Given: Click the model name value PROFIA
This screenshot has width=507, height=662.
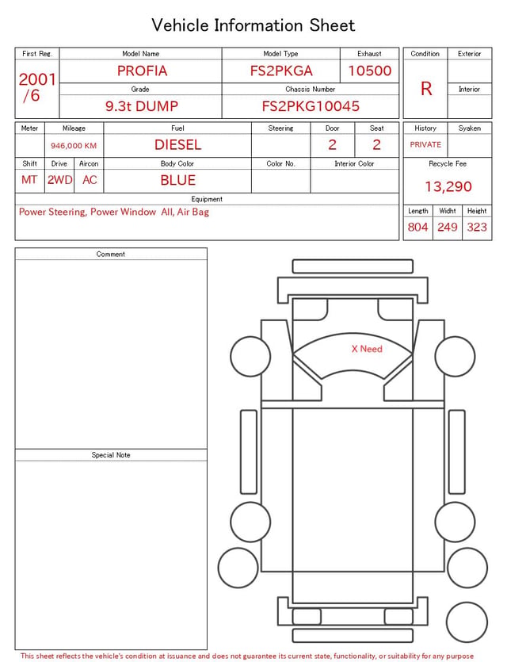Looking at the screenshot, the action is (142, 71).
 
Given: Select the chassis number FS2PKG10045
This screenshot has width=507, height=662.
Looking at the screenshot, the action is (311, 106).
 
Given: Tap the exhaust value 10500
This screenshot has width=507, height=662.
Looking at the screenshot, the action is (369, 71).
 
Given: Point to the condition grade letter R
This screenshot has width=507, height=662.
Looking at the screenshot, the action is (426, 89).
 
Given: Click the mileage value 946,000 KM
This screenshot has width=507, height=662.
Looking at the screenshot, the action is (74, 146).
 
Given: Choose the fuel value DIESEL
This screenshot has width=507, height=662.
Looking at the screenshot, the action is (177, 145).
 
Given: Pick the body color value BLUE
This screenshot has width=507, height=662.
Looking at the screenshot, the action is (177, 180).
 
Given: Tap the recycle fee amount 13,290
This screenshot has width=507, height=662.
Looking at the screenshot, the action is (448, 186).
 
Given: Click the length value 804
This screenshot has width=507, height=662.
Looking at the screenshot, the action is (417, 227).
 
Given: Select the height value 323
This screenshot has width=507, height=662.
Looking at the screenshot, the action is (477, 227).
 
